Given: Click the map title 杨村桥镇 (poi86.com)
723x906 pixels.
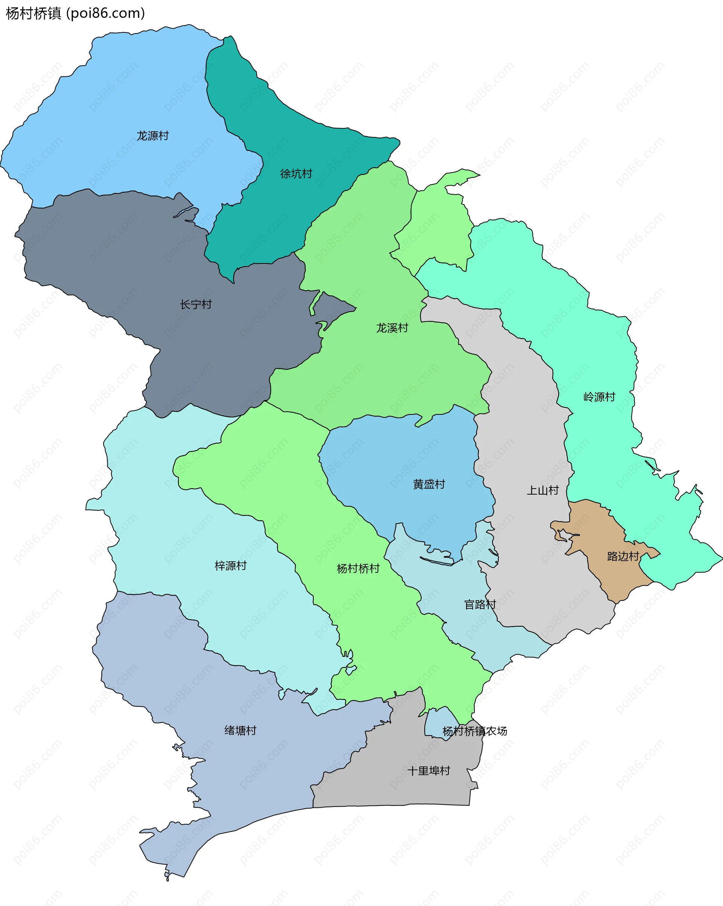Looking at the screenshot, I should click(x=75, y=14).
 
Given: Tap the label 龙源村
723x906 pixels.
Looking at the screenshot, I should click(x=153, y=136).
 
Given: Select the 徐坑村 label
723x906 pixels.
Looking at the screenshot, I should click(x=296, y=174).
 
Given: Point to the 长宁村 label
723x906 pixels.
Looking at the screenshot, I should click(x=196, y=304).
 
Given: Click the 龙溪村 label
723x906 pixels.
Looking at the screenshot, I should click(x=392, y=328).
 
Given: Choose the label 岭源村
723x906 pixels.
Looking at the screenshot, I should click(x=599, y=397).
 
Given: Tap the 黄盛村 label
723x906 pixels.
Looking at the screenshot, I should click(x=429, y=484).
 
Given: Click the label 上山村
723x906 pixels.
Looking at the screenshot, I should click(x=543, y=490).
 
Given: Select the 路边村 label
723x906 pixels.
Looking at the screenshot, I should click(x=623, y=556).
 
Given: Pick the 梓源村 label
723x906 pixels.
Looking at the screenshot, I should click(x=231, y=566).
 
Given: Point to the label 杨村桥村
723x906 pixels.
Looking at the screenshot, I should click(x=358, y=569).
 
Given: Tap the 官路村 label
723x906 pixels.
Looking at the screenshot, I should click(x=480, y=604).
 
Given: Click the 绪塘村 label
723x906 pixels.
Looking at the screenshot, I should click(x=241, y=730).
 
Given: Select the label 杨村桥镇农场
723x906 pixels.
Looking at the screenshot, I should click(x=474, y=731).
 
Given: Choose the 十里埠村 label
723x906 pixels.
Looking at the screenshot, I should click(x=429, y=771).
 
